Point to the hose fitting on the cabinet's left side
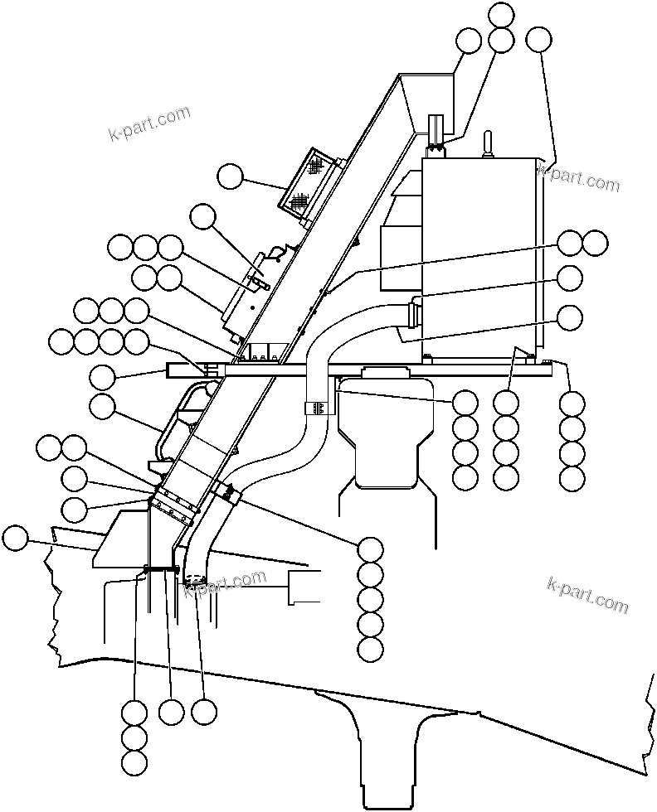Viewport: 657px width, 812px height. (412, 316)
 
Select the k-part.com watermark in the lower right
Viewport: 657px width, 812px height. (587, 594)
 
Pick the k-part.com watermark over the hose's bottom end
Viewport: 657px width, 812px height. (225, 584)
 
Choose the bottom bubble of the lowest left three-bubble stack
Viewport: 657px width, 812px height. (134, 762)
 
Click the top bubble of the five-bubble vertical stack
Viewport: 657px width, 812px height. (370, 549)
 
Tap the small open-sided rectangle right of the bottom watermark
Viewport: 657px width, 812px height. (304, 586)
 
